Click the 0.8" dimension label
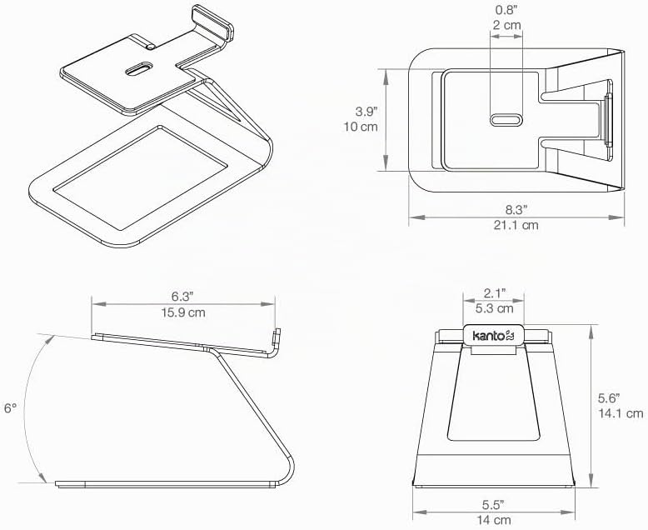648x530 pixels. point(506,9)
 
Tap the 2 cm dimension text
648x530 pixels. point(507,25)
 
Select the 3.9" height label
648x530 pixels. point(367,111)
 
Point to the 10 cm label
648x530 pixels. point(361,127)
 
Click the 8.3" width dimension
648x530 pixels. point(516,210)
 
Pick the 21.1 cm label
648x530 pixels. point(516,225)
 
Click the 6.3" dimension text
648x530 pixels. point(182,297)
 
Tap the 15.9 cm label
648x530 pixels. point(183,312)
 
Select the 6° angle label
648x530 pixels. point(10,408)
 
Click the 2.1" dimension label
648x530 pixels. point(495,293)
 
